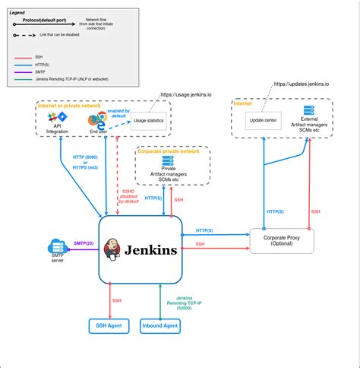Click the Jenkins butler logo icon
point(112,248)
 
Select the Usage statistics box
point(149,121)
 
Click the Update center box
point(263,120)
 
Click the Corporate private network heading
point(169,152)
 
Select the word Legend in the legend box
point(17,13)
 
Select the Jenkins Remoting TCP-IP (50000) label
point(179,302)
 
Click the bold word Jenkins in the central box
point(151,249)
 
